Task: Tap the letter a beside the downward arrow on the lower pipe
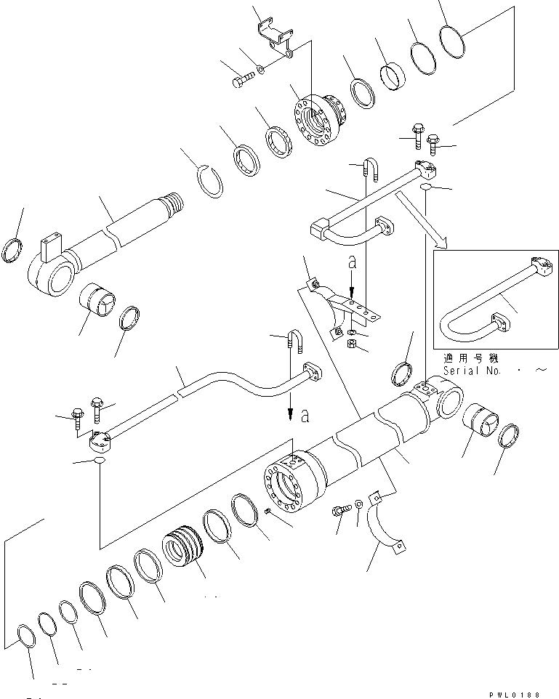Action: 305,416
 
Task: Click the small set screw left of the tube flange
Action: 268,512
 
